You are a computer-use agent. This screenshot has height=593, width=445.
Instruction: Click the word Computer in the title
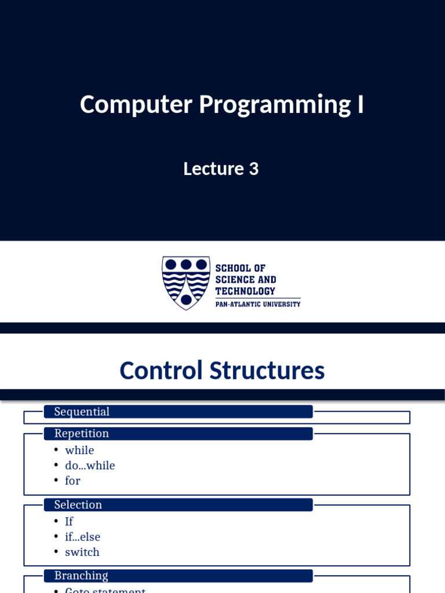136,105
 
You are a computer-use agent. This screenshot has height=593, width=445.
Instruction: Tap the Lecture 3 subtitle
221,169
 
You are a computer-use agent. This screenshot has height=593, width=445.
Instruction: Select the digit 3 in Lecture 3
254,169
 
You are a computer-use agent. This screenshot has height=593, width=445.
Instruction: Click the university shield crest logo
185,283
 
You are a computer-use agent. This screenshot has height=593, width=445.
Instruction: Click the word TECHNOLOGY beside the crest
245,291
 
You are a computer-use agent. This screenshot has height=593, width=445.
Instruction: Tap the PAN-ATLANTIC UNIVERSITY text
258,304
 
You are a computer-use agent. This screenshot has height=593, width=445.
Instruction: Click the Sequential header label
82,412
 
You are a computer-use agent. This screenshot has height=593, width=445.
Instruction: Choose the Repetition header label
82,434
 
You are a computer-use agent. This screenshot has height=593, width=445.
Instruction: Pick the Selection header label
78,505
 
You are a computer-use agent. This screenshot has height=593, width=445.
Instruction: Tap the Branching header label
81,576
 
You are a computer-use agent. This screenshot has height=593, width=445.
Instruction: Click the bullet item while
79,451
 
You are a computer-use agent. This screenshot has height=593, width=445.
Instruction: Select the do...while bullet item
90,466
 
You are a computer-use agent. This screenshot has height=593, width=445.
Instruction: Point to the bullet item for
72,481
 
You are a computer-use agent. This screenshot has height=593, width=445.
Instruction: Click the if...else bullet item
82,537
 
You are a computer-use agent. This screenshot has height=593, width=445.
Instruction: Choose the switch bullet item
82,552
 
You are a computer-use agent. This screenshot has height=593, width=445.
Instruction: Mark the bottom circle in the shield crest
185,299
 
